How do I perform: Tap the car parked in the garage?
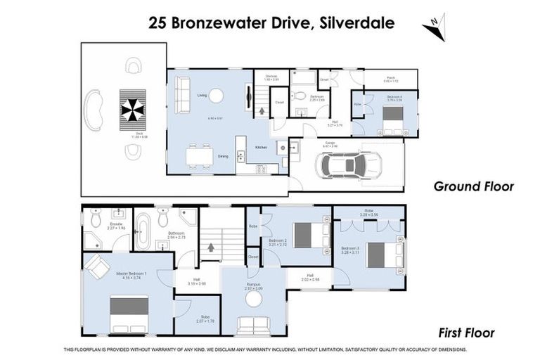(x=349, y=166)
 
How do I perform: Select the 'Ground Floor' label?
(x=473, y=186)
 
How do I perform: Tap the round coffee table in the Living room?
(x=217, y=96)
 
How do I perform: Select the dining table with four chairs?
(x=198, y=156)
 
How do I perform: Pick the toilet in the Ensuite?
(x=96, y=219)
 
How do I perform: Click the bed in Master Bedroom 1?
(x=129, y=314)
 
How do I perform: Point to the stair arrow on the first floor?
(x=211, y=247)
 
